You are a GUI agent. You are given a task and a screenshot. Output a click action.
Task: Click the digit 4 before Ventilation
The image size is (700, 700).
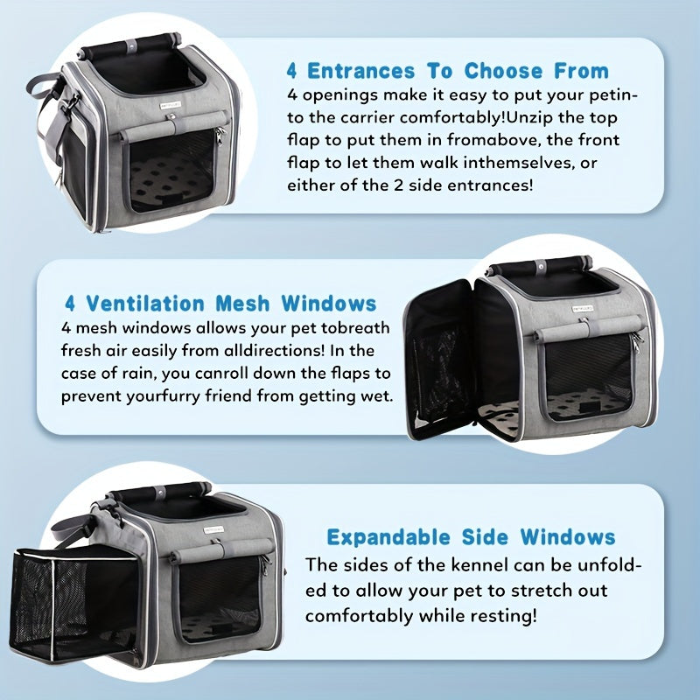[71, 304]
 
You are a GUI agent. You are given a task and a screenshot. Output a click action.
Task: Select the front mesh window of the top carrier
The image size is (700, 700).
[171, 171]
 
